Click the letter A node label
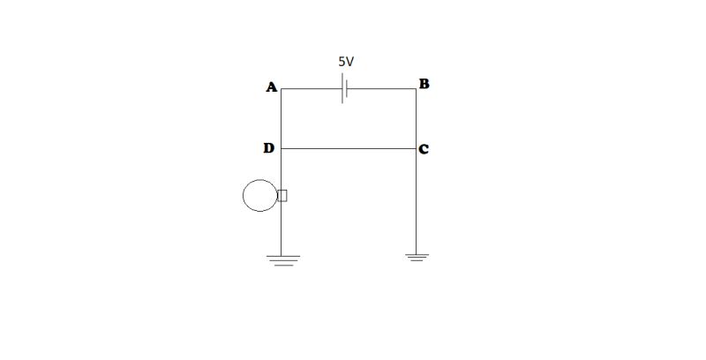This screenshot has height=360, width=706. [x=271, y=86]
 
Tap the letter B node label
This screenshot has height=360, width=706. [x=424, y=85]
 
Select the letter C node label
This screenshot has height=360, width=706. [x=424, y=149]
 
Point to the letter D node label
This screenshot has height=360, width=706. [x=268, y=148]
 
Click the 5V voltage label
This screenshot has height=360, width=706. [x=347, y=64]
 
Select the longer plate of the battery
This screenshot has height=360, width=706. [x=342, y=89]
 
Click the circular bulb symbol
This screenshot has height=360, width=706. [x=259, y=195]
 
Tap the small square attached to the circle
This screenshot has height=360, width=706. [x=282, y=195]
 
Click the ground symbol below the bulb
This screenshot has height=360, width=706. [x=282, y=259]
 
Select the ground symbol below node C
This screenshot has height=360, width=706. [x=417, y=257]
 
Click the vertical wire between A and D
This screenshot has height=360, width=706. [x=282, y=119]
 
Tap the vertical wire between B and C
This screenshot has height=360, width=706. [x=417, y=119]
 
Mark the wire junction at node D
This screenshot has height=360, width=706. [x=282, y=148]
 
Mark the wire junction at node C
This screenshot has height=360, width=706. [x=417, y=148]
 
